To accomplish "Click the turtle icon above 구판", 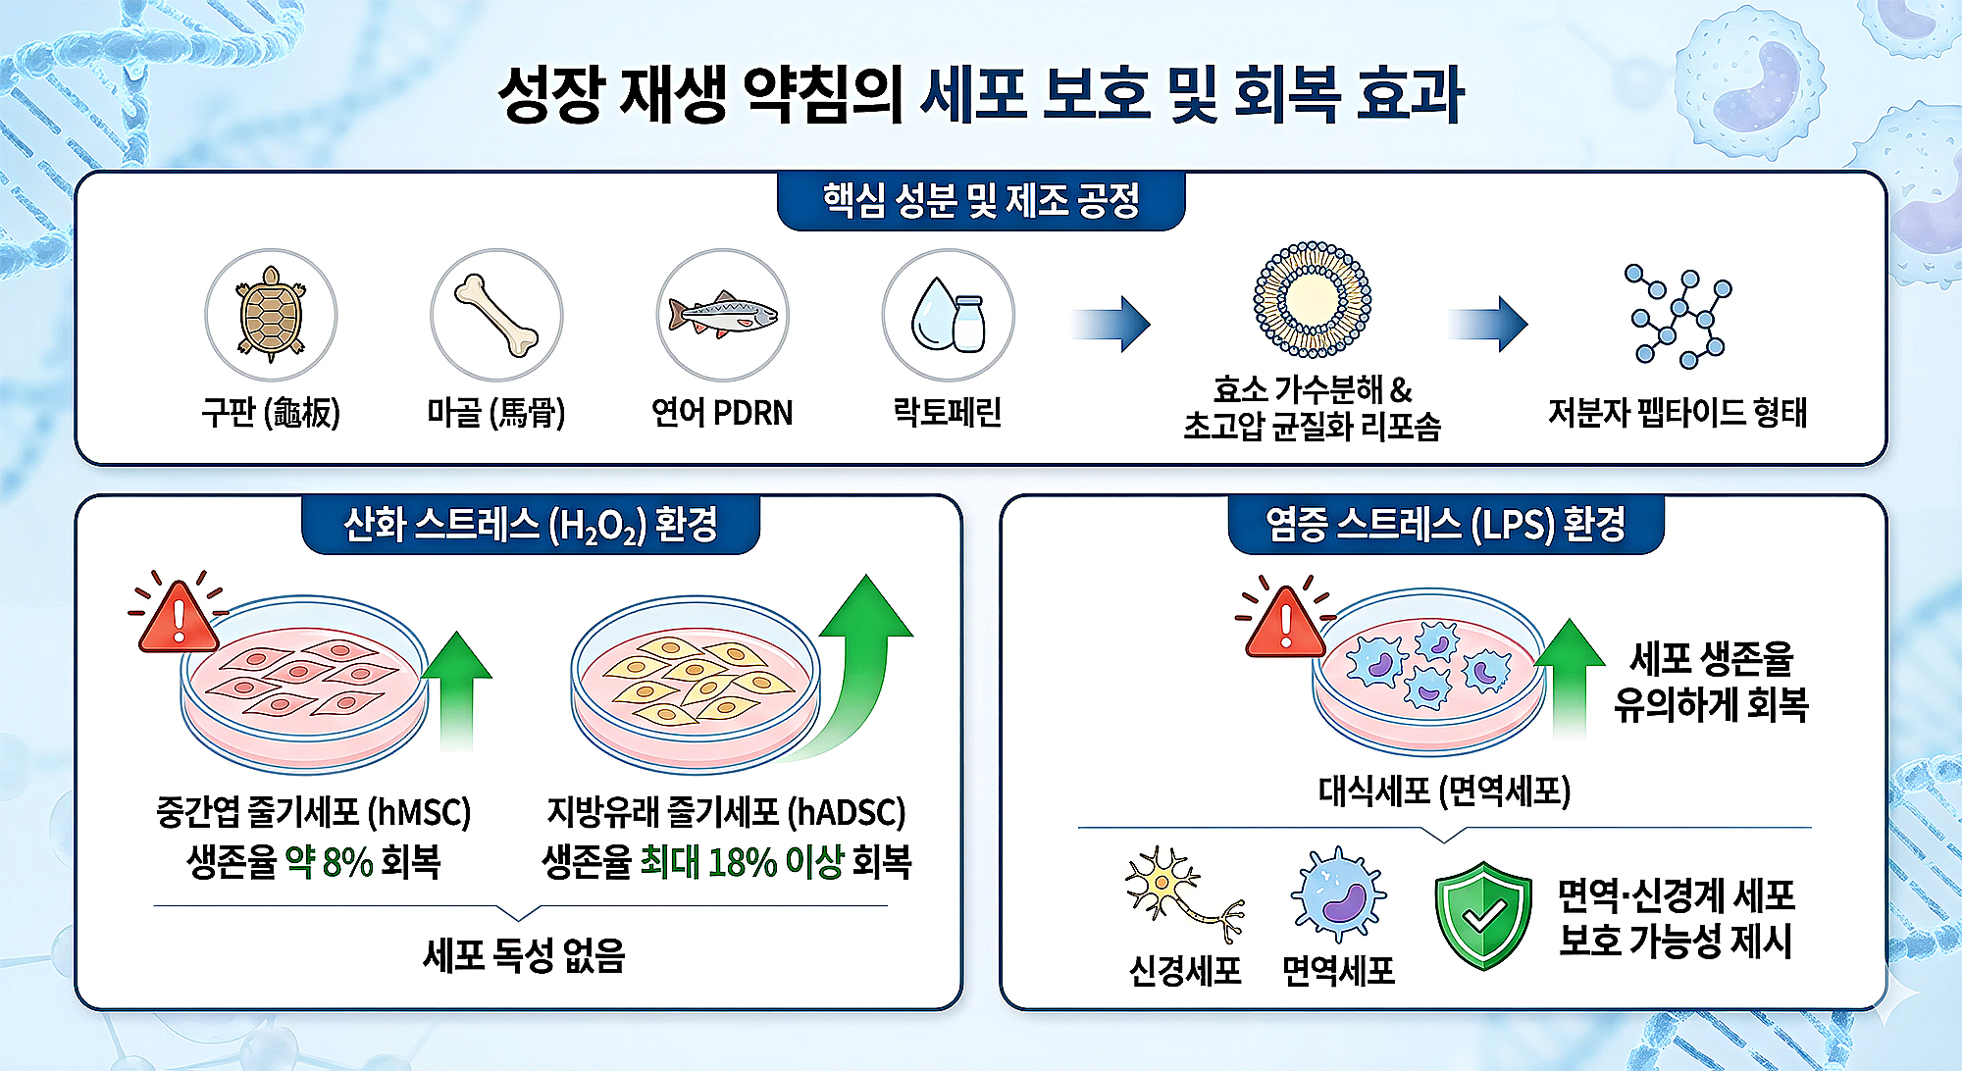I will tap(271, 314).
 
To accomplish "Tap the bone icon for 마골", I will tap(496, 314).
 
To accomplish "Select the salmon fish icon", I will tap(722, 314).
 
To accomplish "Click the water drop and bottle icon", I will tap(948, 314).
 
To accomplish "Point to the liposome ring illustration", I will tap(1312, 299).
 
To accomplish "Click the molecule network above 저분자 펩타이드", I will tap(1678, 316).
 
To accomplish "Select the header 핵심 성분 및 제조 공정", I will tap(981, 201).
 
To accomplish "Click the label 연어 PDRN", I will tap(722, 413).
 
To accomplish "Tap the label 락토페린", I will tap(948, 412).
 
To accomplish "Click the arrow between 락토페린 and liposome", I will tap(1111, 324).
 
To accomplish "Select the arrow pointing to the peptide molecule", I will tap(1488, 324).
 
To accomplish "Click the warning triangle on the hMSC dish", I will tap(179, 618).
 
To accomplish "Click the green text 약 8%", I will tap(329, 862).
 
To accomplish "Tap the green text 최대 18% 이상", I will tap(742, 862).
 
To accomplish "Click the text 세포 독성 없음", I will tap(524, 954).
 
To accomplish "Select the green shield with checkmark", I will tap(1482, 915).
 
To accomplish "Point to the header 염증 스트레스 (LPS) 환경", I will tap(1446, 525).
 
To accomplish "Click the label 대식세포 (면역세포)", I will tap(1444, 790).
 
